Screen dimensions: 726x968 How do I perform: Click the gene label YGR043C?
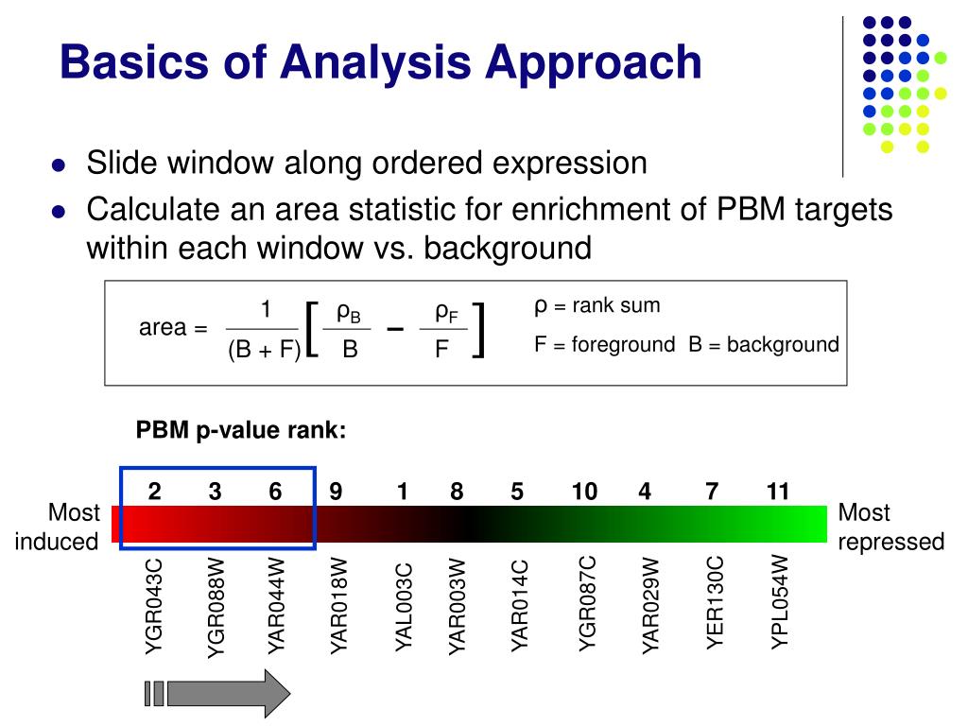point(154,605)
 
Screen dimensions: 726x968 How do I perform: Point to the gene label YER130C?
point(716,603)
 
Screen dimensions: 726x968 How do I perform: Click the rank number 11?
point(778,492)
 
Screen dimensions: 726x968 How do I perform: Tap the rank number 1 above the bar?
point(403,492)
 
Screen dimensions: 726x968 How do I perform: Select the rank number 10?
point(584,492)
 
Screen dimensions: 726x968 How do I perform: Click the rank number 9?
point(336,492)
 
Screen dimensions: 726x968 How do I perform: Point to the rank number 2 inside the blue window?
point(154,492)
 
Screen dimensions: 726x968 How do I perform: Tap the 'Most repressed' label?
point(890,527)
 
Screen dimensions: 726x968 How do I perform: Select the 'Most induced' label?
point(60,527)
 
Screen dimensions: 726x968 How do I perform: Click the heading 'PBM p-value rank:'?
point(241,431)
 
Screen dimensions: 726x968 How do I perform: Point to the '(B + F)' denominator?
point(264,351)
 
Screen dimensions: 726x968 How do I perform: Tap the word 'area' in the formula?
point(163,329)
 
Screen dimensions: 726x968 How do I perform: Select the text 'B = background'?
point(764,344)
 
